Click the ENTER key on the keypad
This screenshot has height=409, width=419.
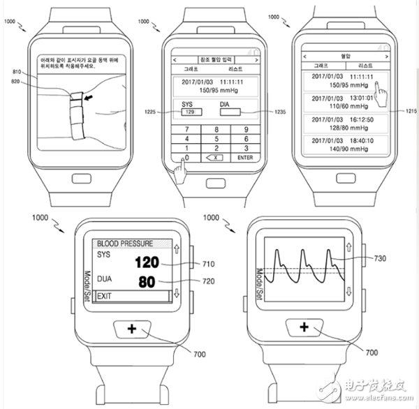point(244,158)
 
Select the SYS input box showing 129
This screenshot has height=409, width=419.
point(186,112)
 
